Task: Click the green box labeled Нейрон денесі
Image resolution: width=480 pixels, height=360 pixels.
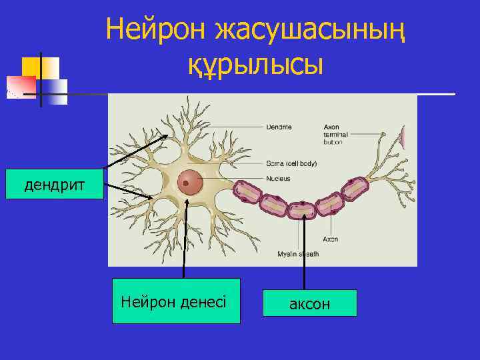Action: coord(175,301)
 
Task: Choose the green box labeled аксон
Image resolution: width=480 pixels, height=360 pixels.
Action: coord(309,303)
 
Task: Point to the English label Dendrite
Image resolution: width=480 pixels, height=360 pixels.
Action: coord(278,127)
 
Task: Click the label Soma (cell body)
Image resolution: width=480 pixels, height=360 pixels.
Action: coord(292,163)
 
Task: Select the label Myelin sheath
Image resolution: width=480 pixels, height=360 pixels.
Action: coord(298,254)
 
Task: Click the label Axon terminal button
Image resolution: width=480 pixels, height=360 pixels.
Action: coord(334,134)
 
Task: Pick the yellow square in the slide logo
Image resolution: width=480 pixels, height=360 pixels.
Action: coord(40,67)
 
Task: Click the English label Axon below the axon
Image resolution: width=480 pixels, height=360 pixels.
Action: coord(331,239)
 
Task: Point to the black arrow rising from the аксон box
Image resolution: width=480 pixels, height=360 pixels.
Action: coord(304,247)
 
